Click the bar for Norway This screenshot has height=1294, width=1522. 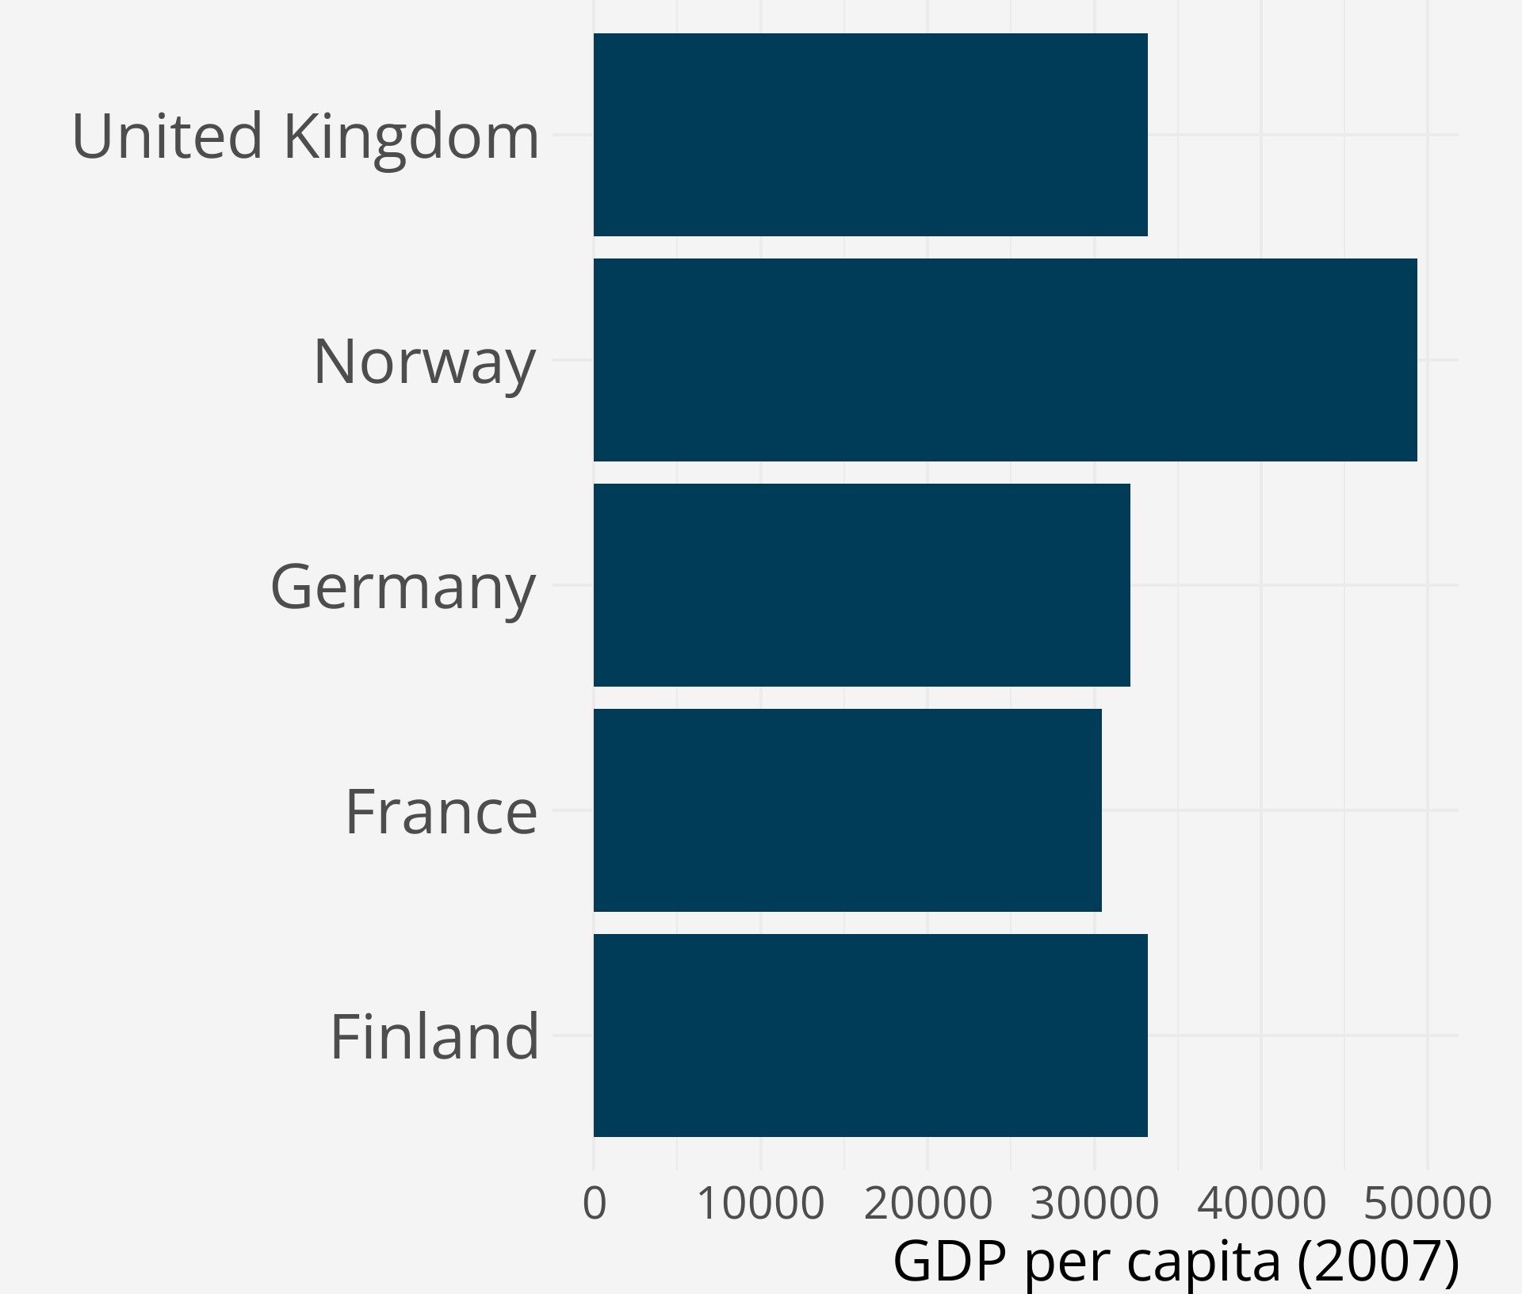[x=1005, y=360]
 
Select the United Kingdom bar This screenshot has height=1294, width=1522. [x=870, y=135]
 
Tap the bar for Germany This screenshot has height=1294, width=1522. [x=862, y=585]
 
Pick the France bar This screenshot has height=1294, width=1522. [x=847, y=810]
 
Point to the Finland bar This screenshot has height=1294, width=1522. [x=870, y=1036]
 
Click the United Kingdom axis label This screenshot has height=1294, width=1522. [x=306, y=136]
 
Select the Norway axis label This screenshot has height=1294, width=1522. [x=425, y=362]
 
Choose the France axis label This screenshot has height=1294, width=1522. [x=442, y=812]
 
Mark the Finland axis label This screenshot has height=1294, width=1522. [x=434, y=1037]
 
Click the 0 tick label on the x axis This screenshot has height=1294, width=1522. [x=595, y=1203]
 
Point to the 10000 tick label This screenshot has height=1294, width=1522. [x=761, y=1203]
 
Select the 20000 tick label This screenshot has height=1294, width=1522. [x=927, y=1203]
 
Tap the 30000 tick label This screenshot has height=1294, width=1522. [x=1094, y=1203]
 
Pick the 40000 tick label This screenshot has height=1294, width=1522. [x=1261, y=1203]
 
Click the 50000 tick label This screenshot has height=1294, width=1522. [x=1428, y=1203]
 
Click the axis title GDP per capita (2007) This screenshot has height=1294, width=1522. [x=1176, y=1261]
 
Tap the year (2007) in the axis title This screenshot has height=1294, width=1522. [x=1378, y=1261]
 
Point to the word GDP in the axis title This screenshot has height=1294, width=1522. [x=950, y=1261]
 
